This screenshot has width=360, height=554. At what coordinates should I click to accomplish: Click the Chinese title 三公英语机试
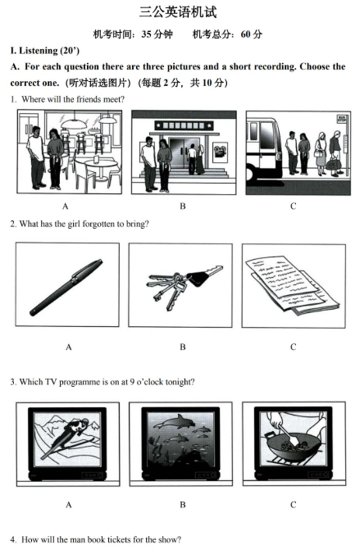(178, 12)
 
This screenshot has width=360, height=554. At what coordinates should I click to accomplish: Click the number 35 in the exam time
(147, 34)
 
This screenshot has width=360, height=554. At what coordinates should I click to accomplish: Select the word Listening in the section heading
(39, 51)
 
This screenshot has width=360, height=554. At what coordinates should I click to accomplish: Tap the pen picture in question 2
(66, 288)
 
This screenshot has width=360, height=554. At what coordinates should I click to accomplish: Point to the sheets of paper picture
(292, 286)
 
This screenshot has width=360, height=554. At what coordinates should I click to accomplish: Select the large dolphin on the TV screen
(175, 422)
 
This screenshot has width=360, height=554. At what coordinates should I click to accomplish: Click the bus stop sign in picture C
(342, 119)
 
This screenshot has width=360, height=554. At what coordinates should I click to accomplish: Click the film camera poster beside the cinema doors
(220, 152)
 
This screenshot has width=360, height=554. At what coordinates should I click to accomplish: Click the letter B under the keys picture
(183, 347)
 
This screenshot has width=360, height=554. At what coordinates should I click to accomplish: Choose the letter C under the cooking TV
(293, 505)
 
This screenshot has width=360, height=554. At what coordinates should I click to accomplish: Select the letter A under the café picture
(66, 207)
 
